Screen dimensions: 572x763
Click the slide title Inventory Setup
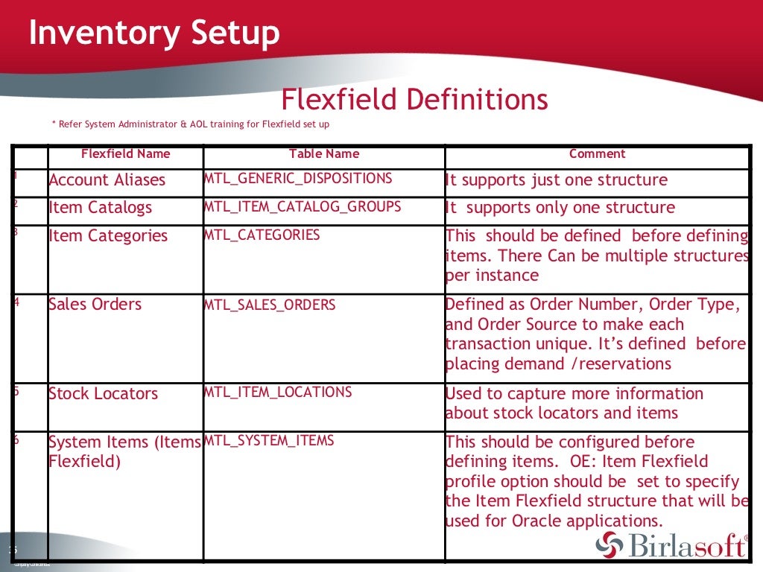[154, 34]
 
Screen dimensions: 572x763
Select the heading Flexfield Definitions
[414, 100]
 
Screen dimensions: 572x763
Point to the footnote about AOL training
[190, 124]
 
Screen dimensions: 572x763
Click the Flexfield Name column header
[125, 154]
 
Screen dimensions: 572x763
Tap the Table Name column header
[324, 154]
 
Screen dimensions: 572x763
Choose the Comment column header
[597, 154]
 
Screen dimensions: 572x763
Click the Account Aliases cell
[107, 180]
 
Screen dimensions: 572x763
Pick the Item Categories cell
[108, 236]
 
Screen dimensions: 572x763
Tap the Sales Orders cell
[95, 304]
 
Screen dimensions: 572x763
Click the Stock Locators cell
[103, 393]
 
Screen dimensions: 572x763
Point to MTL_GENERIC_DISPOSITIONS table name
[298, 179]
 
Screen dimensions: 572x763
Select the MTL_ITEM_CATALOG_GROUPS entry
[303, 206]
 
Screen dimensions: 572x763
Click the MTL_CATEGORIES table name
[262, 235]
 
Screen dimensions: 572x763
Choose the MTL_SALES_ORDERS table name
[270, 305]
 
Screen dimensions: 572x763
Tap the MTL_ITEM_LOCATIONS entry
[278, 392]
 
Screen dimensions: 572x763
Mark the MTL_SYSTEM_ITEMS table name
[269, 440]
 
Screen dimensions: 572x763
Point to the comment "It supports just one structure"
[556, 180]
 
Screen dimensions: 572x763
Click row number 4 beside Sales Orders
[16, 302]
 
